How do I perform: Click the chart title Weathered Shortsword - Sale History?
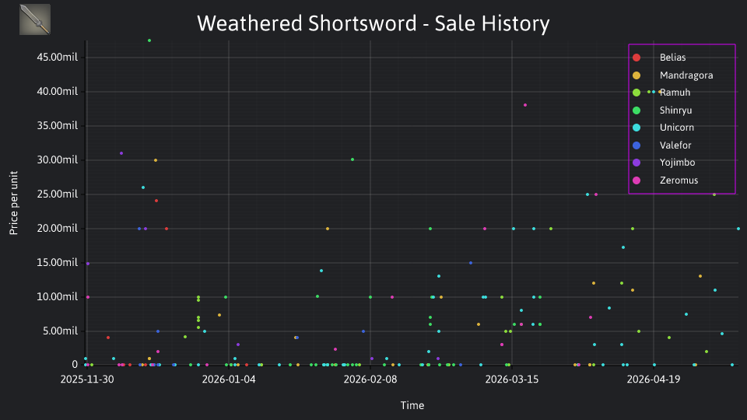[x=373, y=23]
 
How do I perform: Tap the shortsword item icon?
[x=35, y=19]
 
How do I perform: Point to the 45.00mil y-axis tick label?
[x=57, y=57]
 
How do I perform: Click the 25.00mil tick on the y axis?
[x=57, y=194]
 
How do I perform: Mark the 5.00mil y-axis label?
[x=60, y=331]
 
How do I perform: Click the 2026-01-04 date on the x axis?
[x=229, y=380]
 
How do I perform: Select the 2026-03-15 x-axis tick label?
[x=512, y=380]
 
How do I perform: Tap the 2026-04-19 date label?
[x=653, y=380]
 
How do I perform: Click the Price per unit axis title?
[x=13, y=203]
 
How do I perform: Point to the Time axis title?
[x=412, y=405]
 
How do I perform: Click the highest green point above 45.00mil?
[x=149, y=40]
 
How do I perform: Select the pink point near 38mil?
[x=525, y=105]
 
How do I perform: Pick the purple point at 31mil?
[x=121, y=153]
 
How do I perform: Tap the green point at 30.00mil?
[x=352, y=159]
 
